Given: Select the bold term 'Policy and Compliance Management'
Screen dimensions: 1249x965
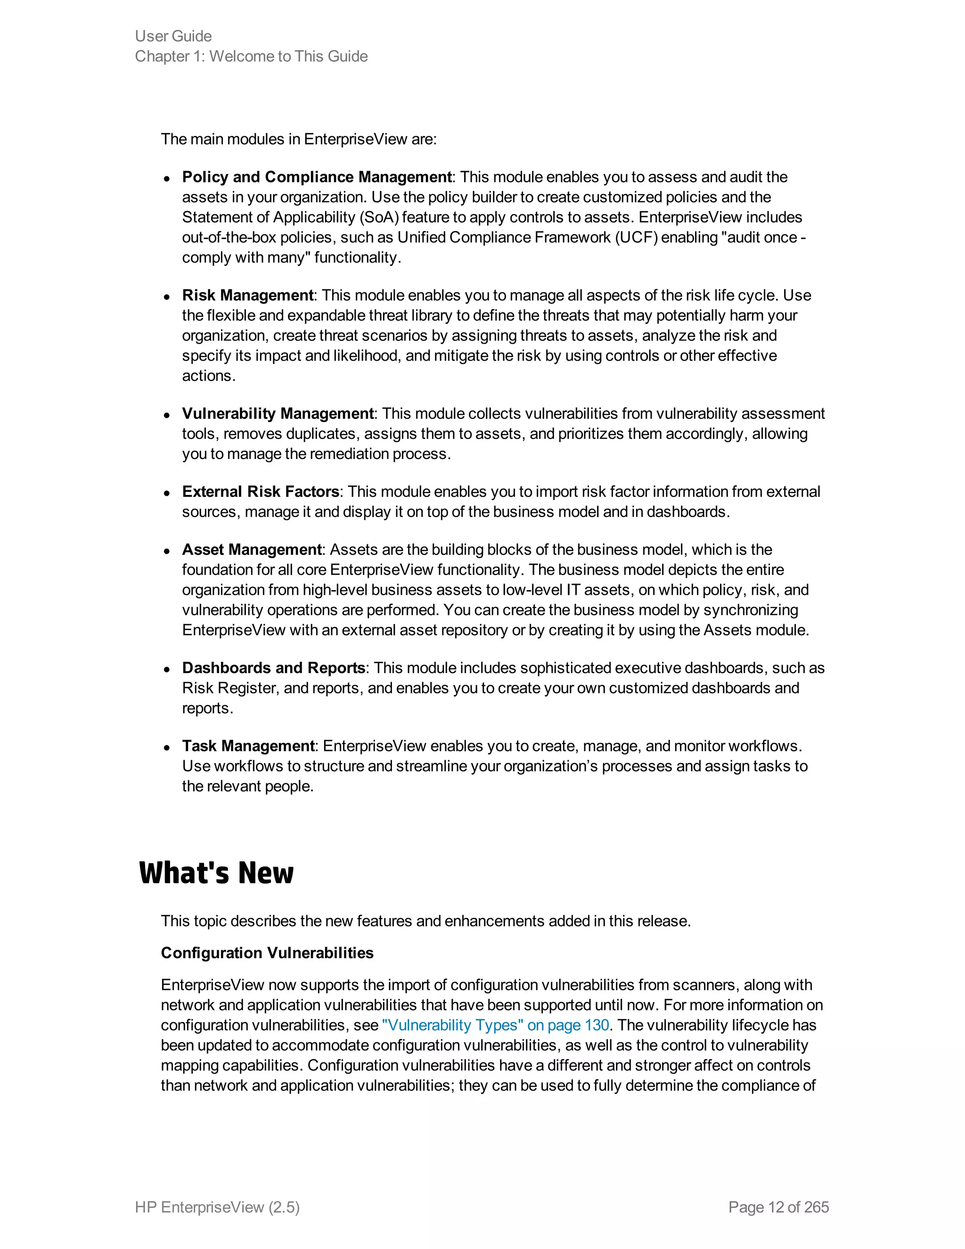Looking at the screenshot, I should [x=316, y=177].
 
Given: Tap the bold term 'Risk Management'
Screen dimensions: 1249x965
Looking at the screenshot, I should [x=247, y=296].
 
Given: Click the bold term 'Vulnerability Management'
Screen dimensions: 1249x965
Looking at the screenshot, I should [x=278, y=414].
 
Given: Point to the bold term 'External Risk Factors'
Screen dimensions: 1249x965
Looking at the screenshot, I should [x=261, y=492].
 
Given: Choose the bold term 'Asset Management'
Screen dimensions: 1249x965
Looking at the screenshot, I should [x=252, y=550].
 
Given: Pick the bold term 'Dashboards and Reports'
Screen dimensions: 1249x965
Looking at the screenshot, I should [x=273, y=668].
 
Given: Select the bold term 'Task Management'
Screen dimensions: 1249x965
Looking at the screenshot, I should [x=248, y=746].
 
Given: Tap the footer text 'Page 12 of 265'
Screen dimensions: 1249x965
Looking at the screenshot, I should [x=778, y=1207].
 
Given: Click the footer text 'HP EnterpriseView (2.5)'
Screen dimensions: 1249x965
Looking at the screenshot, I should [x=217, y=1207].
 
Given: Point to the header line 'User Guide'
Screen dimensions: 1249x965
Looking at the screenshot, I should [x=173, y=36].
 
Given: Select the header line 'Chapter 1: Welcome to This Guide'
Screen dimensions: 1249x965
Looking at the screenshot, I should [x=251, y=57].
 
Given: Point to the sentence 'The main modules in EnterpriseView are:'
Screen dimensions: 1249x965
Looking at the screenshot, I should [x=298, y=140].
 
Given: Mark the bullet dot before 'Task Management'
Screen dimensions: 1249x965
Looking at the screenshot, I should [x=167, y=748].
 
